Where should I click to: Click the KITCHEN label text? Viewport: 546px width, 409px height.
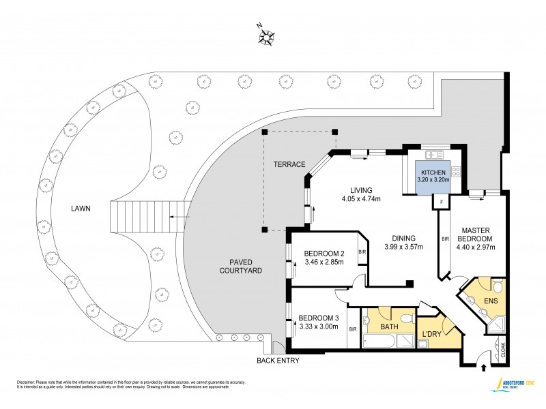click(434, 172)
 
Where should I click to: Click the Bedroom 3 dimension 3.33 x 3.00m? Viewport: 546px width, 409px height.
click(319, 327)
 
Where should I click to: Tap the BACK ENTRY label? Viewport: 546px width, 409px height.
click(277, 360)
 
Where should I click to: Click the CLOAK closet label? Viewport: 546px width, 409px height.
click(504, 350)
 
